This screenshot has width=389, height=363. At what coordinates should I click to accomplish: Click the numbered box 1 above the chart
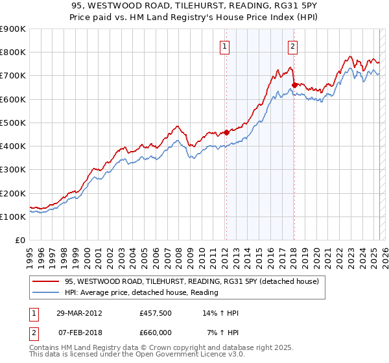(x=224, y=46)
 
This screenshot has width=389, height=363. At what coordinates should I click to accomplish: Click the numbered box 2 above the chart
(x=293, y=46)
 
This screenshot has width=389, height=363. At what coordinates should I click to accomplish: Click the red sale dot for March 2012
(x=226, y=132)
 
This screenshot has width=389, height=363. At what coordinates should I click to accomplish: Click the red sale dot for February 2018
(x=294, y=84)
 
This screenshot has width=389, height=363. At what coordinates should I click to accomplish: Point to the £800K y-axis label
(x=13, y=53)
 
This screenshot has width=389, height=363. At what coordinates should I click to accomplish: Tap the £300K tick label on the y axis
(x=13, y=170)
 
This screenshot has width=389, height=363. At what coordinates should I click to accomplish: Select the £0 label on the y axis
(x=20, y=240)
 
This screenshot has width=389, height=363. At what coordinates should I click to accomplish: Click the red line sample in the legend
(x=46, y=282)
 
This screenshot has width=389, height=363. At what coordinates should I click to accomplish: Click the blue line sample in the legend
(x=46, y=293)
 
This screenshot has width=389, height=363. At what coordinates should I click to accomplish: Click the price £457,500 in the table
(x=155, y=313)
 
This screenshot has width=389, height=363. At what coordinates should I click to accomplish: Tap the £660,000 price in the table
(x=155, y=332)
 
